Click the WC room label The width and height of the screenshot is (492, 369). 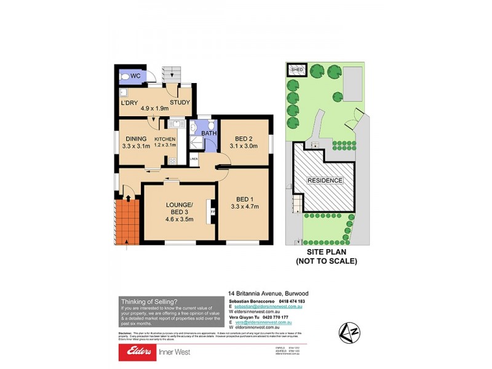135,76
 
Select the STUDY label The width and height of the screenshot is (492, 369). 180,103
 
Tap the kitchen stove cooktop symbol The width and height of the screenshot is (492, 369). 172,161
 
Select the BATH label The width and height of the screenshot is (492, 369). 209,132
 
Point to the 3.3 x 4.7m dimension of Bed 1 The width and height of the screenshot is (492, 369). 244,207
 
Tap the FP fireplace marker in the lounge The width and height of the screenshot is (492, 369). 213,212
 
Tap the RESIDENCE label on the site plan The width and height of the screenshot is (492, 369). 326,180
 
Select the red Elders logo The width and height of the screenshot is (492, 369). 138,352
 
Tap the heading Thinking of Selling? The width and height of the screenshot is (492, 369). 149,301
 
